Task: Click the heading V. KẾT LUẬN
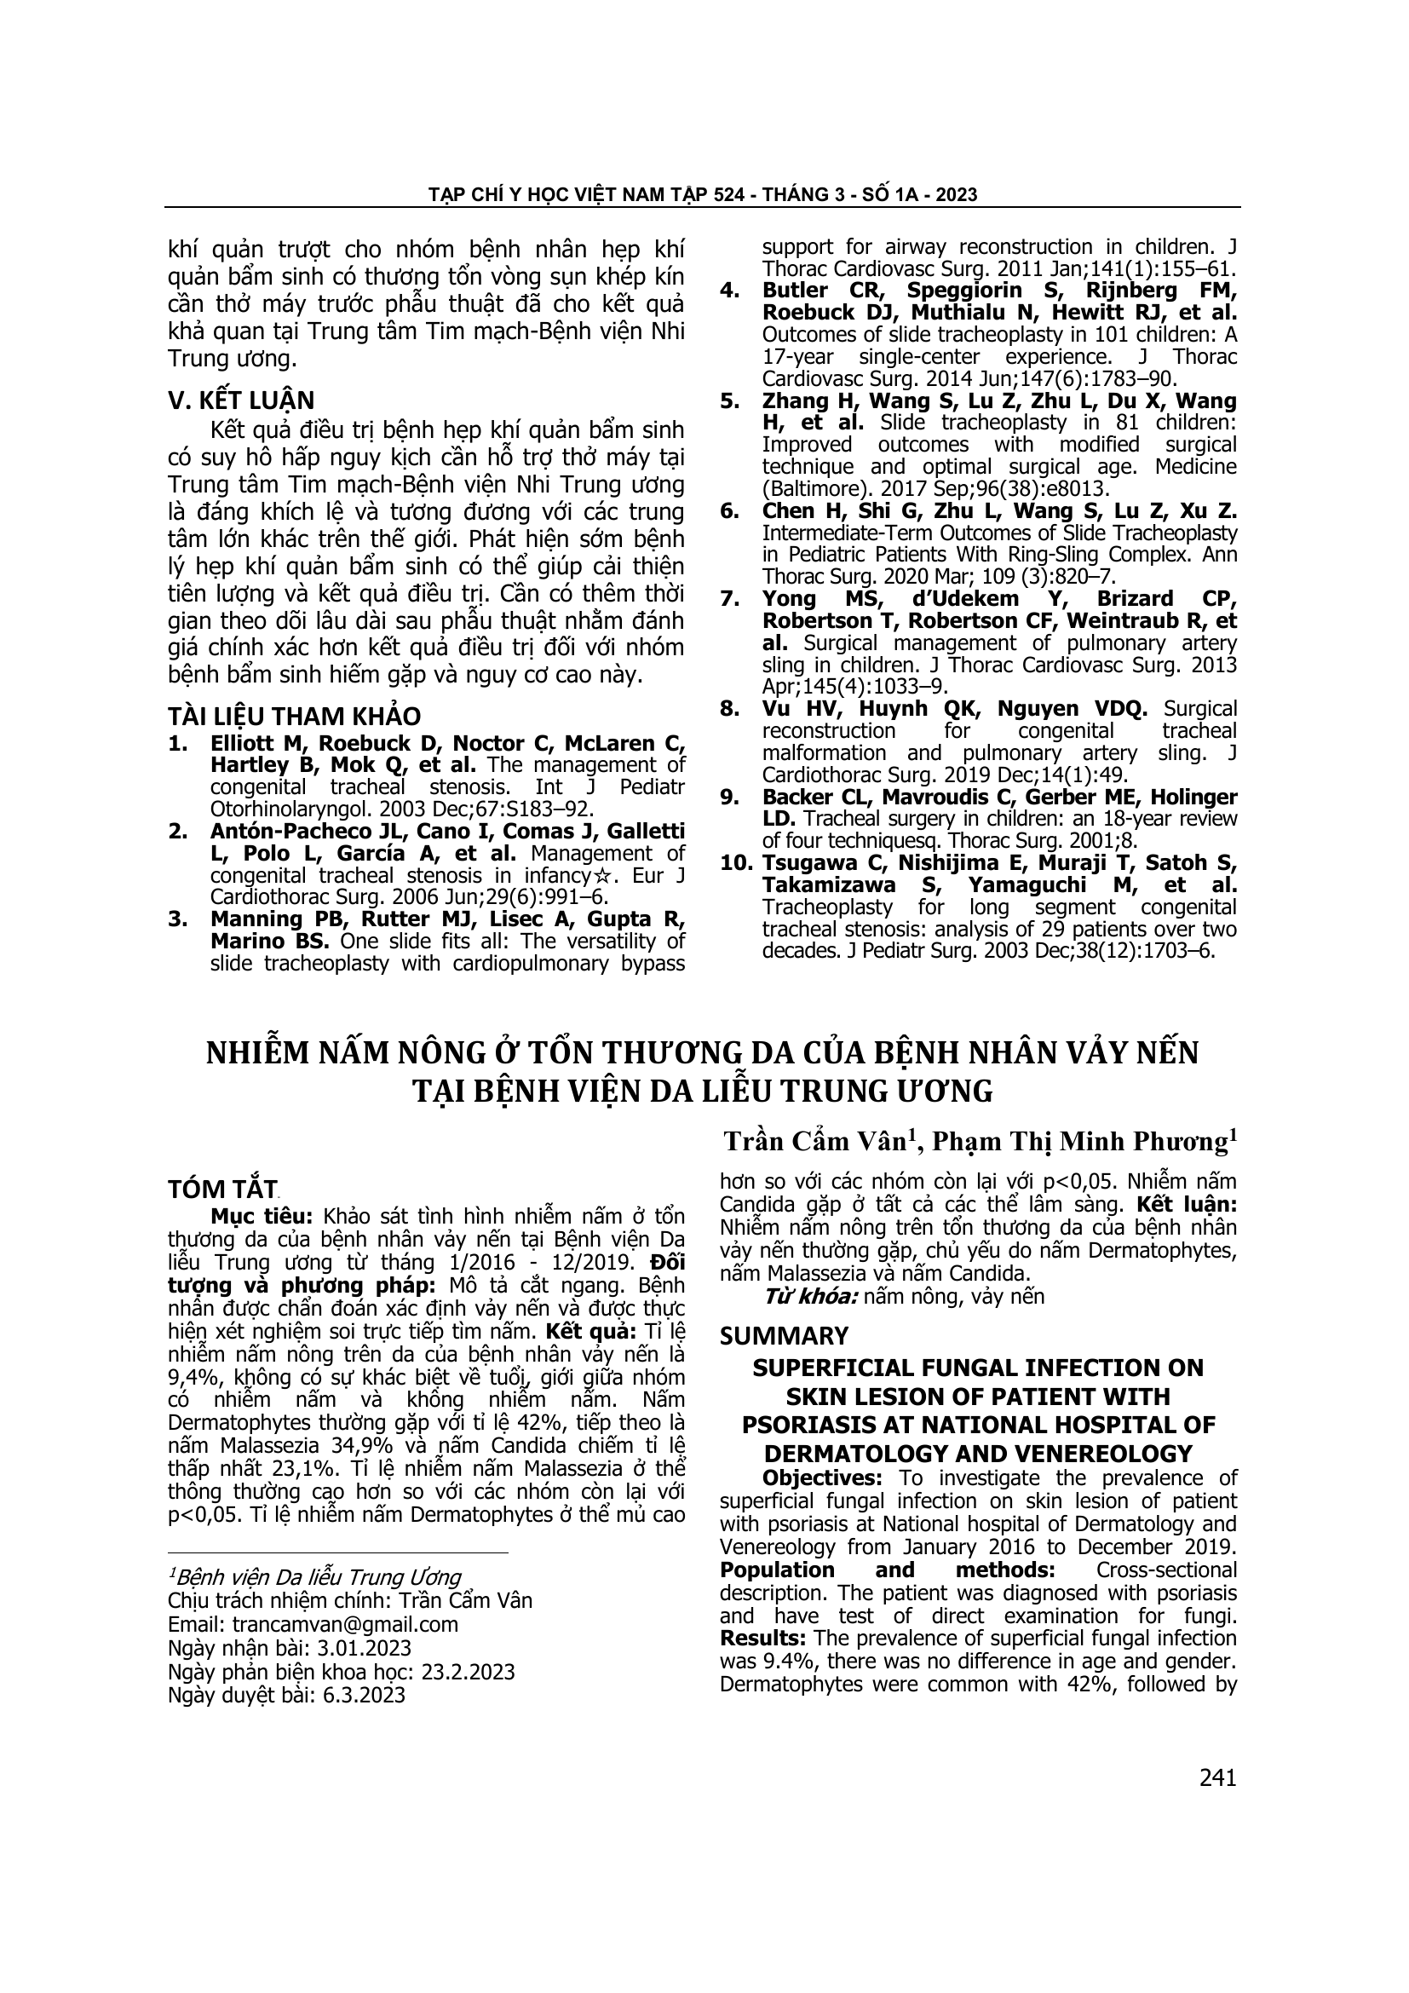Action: tap(240, 401)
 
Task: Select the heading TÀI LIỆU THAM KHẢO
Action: tap(293, 716)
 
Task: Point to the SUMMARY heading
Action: tap(784, 1336)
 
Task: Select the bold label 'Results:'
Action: tap(763, 1638)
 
